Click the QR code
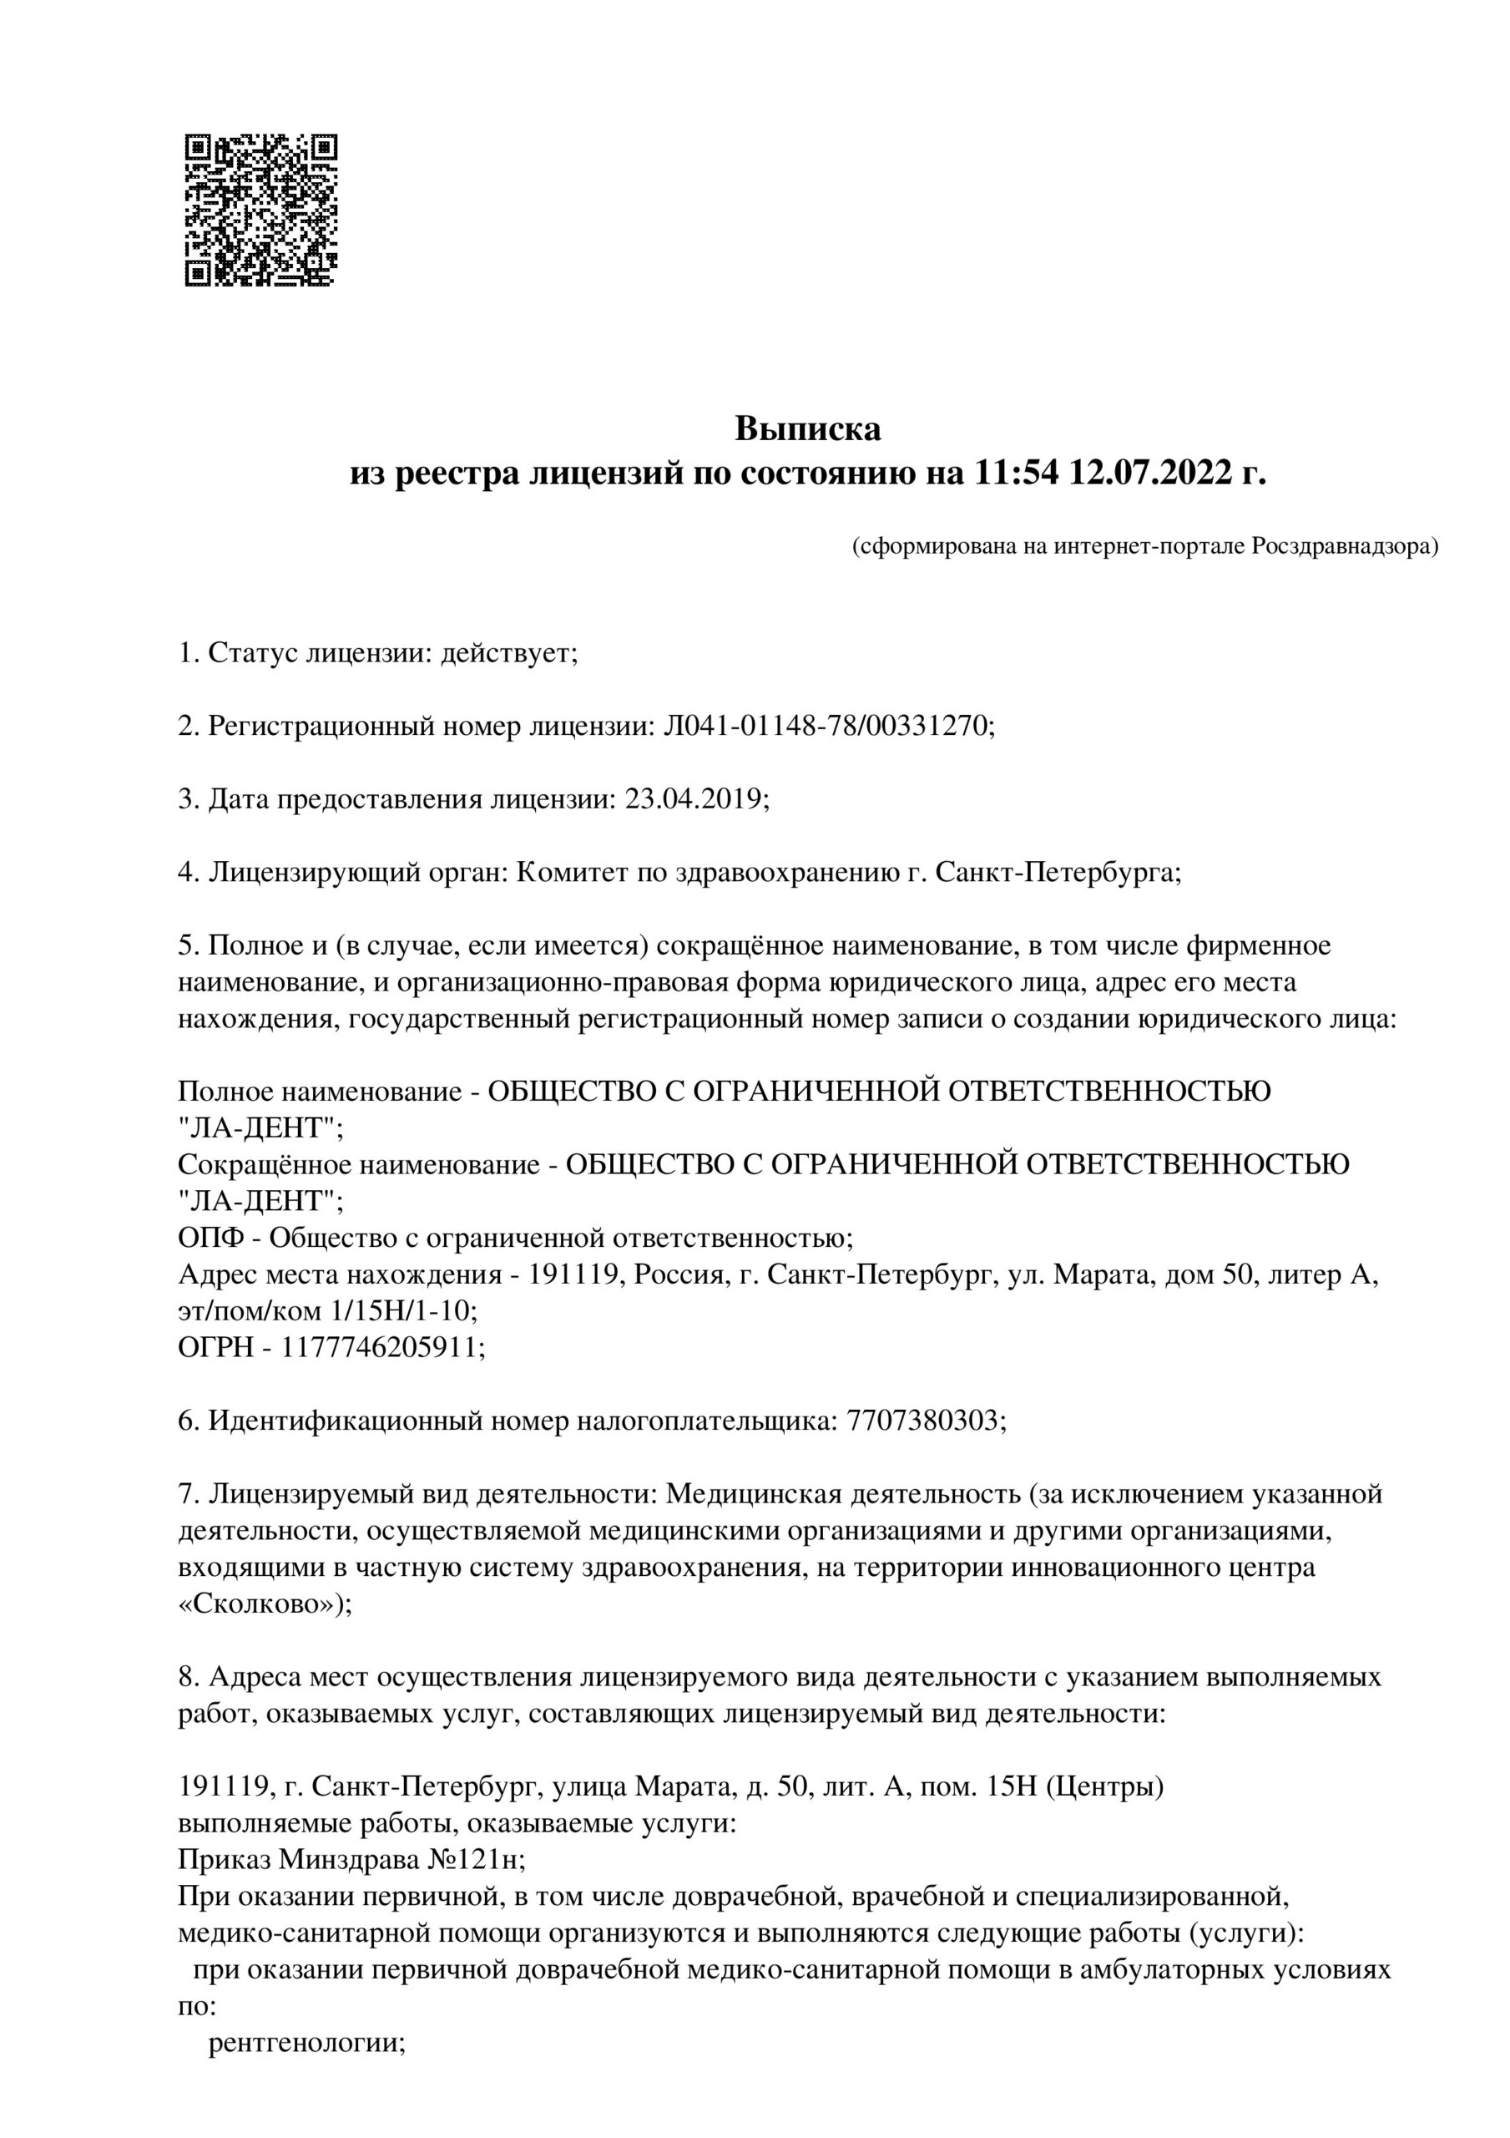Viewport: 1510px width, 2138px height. coord(260,210)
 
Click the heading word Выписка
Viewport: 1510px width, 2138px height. coord(807,429)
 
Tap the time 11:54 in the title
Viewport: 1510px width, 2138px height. coord(1018,474)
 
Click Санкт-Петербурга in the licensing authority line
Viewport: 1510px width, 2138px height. coord(1057,873)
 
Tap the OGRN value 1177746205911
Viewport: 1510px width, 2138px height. coord(382,1347)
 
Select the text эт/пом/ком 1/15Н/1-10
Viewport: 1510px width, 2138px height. coord(326,1311)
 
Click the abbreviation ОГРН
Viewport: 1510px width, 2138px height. coord(215,1347)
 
